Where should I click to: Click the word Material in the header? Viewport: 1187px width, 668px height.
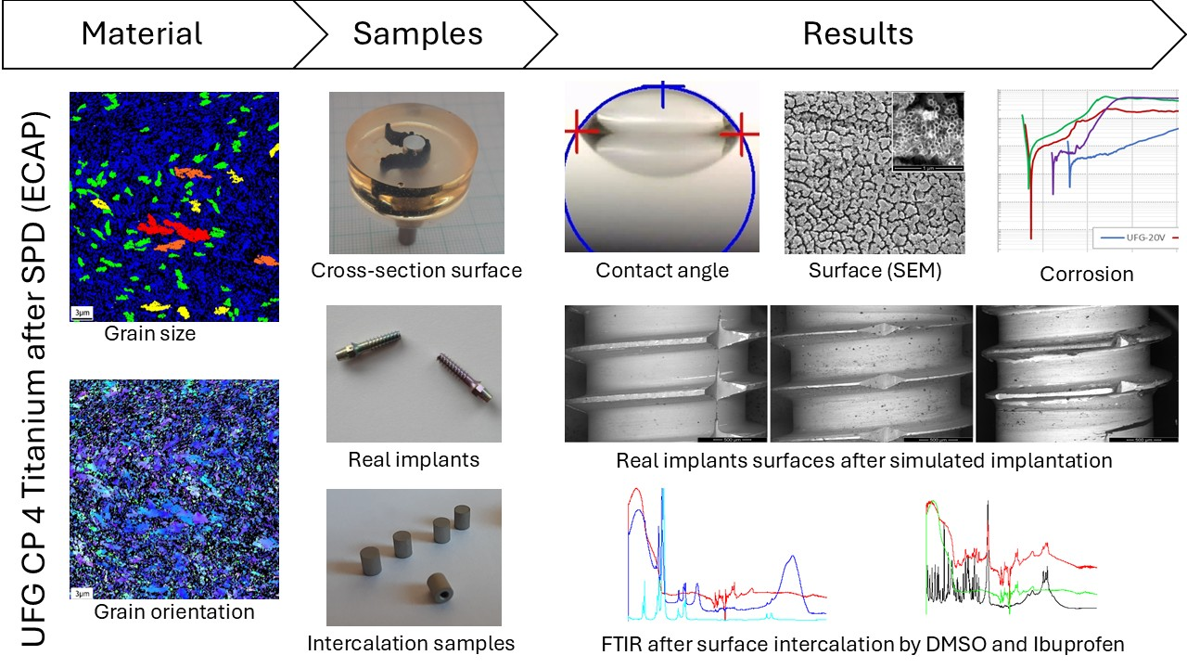[142, 34]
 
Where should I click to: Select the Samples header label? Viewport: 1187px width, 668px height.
[417, 34]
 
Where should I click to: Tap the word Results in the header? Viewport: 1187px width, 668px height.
[858, 34]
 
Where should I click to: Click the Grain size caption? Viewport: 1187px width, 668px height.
[150, 333]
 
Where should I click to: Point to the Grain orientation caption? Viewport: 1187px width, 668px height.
[174, 611]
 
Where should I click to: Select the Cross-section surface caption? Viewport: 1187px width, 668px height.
[416, 271]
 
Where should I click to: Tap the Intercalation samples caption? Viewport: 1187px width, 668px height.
[411, 643]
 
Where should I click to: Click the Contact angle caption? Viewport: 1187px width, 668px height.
[662, 271]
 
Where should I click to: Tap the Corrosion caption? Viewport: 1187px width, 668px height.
[1086, 274]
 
